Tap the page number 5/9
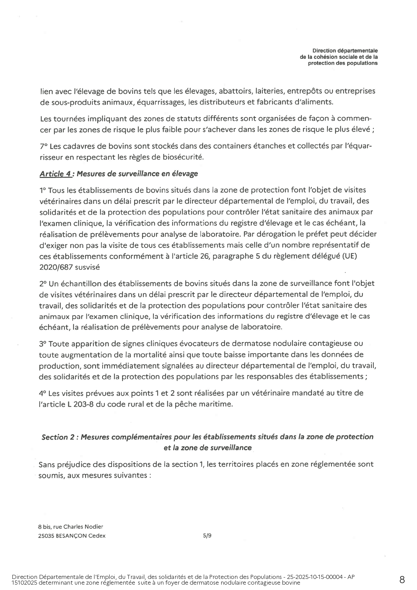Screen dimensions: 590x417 (207, 536)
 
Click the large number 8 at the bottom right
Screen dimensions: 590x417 (402, 580)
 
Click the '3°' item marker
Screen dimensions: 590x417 (43, 344)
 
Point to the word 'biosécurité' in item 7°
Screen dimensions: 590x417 (184, 157)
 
